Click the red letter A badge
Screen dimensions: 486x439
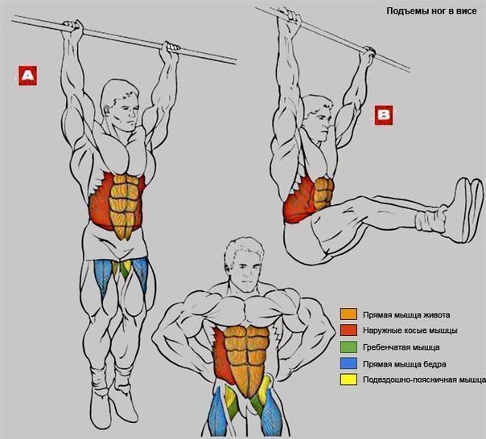point(27,76)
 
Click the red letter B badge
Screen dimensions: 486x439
point(384,115)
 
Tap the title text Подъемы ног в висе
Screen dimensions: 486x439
point(431,11)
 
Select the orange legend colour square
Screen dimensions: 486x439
point(348,314)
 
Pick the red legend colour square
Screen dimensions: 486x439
point(348,330)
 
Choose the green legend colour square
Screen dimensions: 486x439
point(348,347)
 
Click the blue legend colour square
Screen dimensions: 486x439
point(348,363)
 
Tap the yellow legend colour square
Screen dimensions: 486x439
point(348,380)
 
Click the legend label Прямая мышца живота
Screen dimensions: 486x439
point(406,315)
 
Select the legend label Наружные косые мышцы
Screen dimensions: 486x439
point(410,331)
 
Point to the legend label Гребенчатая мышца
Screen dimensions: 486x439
point(401,347)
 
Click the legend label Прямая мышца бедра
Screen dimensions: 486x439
point(405,363)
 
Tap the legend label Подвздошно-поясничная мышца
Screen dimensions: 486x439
point(424,380)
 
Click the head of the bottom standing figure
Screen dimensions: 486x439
point(245,265)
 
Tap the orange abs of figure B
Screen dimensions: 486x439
point(323,192)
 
